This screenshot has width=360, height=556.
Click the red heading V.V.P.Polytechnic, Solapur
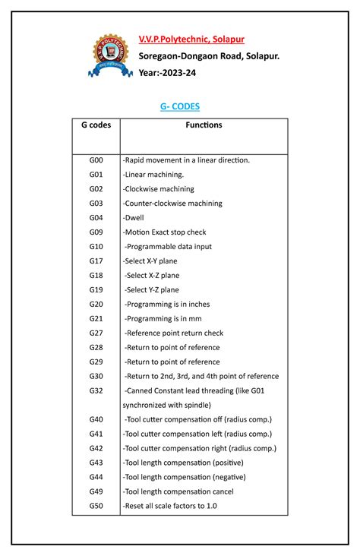point(191,39)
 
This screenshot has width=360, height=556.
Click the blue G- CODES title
point(180,107)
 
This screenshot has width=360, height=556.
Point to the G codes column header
point(96,125)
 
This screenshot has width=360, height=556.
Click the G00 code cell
point(96,160)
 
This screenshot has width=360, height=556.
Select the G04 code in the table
point(96,218)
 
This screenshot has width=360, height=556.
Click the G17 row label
point(96,261)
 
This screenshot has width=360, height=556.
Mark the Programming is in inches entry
point(168,305)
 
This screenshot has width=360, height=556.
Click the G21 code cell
point(96,319)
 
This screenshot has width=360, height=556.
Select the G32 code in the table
point(96,390)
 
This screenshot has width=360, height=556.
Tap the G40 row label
point(96,419)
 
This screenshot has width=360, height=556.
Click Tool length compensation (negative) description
point(185,477)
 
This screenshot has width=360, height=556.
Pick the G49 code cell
point(96,491)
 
